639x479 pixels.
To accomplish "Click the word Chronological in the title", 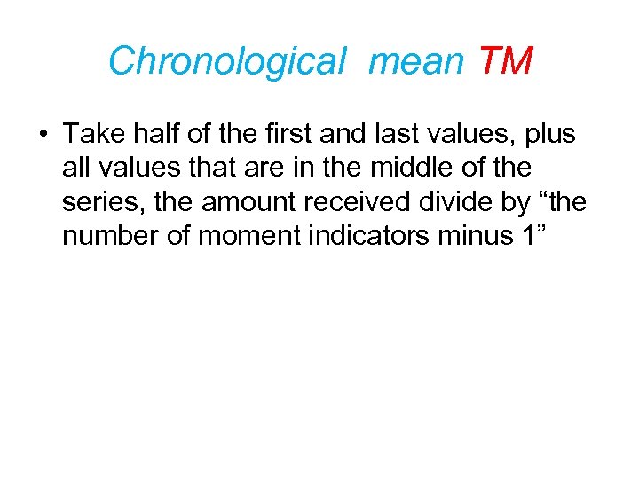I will tap(225, 61).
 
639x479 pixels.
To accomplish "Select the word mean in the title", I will tap(415, 61).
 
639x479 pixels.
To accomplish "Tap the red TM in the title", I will tap(505, 61).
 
